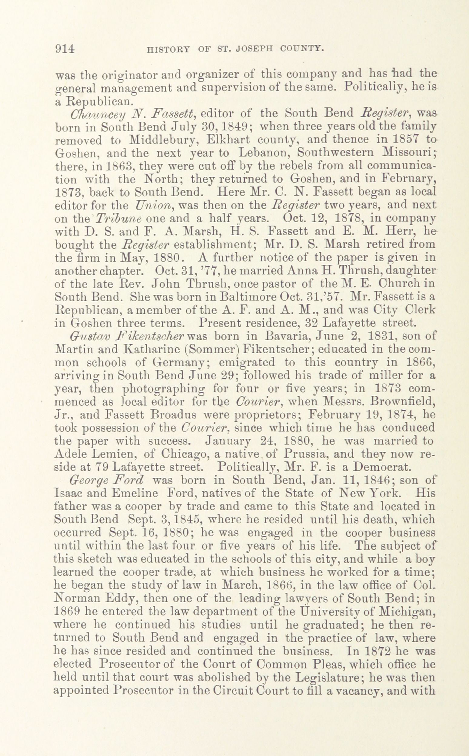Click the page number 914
pos(65,49)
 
